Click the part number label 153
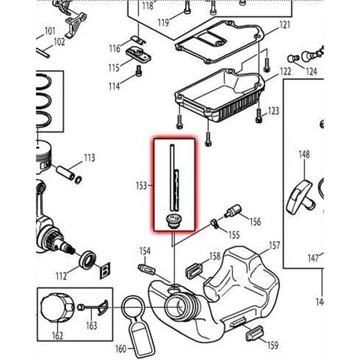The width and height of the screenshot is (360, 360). point(141,186)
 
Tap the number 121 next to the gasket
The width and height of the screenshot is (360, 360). point(284,26)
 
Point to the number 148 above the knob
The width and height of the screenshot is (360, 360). point(304,154)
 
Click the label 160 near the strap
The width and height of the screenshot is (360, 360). point(120,348)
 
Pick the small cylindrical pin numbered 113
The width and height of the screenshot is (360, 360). point(69,171)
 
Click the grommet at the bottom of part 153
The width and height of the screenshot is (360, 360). point(172,222)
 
